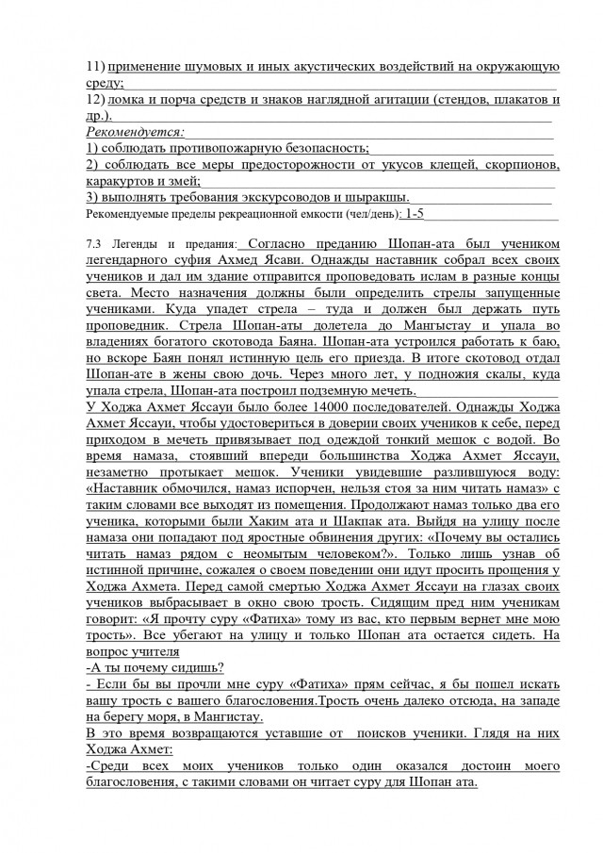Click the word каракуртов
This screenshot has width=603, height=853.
(120, 181)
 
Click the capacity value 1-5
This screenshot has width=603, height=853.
(415, 214)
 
